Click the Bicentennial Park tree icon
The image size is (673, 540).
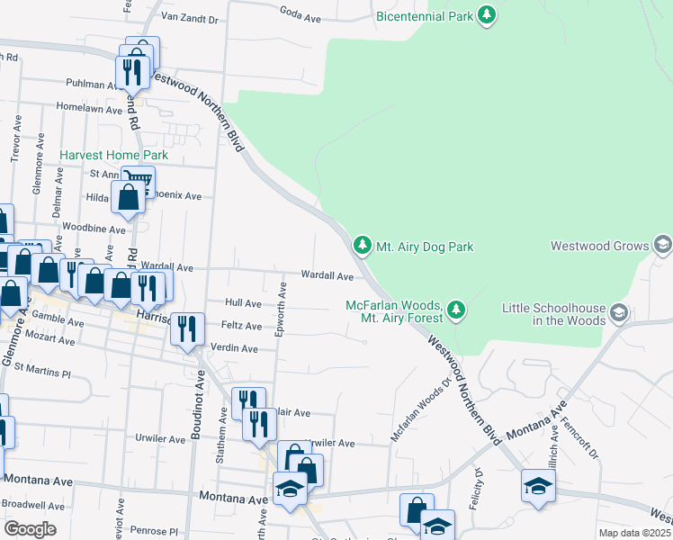[x=487, y=15]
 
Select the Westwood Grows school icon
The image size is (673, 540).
[x=663, y=245]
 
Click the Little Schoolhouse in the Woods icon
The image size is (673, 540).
[x=618, y=312]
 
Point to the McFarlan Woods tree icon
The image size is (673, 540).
[x=456, y=310]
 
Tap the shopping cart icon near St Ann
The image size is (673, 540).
[x=138, y=179]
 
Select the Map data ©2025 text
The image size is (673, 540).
[x=634, y=533]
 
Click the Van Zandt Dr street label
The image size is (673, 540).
[x=189, y=17]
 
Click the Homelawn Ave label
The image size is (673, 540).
[x=89, y=109]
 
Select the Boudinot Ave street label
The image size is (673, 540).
[x=195, y=409]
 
